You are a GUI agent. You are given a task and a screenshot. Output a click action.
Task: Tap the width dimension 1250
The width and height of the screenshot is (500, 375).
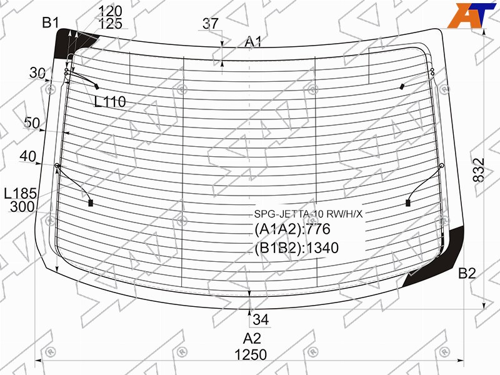click(251, 354)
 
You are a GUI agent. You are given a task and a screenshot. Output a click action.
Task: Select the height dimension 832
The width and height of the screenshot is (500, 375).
click(479, 170)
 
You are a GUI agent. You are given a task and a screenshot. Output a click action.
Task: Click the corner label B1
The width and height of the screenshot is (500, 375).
click(51, 23)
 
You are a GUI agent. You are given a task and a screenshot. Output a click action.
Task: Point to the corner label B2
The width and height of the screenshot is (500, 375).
click(467, 273)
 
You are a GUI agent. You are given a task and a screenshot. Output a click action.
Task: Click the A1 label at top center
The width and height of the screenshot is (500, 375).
click(253, 42)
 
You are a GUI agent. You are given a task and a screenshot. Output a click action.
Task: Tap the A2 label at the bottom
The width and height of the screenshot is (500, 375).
click(252, 338)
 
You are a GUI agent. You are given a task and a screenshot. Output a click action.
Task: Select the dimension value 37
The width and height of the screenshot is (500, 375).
click(211, 24)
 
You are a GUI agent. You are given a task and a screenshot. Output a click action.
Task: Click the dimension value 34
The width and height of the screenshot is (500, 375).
click(261, 319)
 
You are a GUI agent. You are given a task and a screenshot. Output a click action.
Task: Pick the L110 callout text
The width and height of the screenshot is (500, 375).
click(110, 102)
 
